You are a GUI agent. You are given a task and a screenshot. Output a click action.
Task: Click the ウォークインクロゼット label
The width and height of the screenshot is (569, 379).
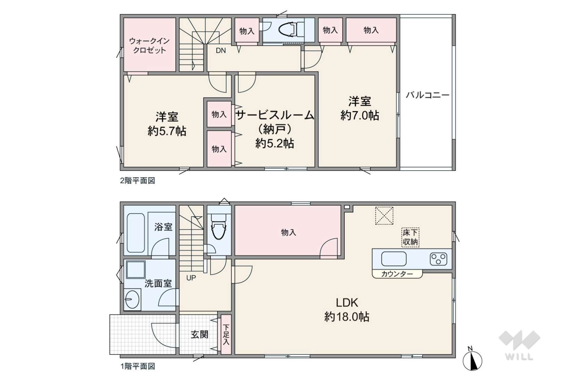149,45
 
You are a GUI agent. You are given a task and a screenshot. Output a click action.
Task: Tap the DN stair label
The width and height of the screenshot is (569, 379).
221,51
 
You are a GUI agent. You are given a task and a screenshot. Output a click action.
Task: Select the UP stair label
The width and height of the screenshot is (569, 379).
191,278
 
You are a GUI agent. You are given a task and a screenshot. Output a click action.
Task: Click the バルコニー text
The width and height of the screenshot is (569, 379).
427,95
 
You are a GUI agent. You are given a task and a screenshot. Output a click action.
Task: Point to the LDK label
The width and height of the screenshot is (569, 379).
347,302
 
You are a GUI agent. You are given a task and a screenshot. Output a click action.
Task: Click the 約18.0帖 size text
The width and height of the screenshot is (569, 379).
347,317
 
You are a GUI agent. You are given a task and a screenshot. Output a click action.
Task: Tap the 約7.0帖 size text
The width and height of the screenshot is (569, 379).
360,115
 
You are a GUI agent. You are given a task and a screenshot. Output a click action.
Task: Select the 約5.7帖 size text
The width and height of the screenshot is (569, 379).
167,131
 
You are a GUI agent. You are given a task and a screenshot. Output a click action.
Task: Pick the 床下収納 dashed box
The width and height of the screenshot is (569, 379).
410,238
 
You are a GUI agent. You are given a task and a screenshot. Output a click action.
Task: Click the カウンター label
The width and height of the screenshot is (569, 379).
397,274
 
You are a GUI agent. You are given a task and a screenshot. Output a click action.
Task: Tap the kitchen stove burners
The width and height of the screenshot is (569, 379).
438,259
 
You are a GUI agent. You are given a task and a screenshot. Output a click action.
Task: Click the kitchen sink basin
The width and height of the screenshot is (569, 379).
394,259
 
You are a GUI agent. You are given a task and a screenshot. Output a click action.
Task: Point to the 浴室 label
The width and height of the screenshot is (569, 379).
163,227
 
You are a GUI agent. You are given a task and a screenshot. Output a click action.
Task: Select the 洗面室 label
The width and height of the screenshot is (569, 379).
158,283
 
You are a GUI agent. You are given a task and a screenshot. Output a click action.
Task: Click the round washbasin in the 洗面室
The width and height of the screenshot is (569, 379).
132,299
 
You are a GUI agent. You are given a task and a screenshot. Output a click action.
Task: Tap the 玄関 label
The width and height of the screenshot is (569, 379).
200,334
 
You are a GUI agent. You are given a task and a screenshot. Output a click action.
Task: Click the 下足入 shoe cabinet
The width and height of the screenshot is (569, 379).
226,335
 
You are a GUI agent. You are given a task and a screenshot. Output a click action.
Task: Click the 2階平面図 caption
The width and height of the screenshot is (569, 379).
137,181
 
